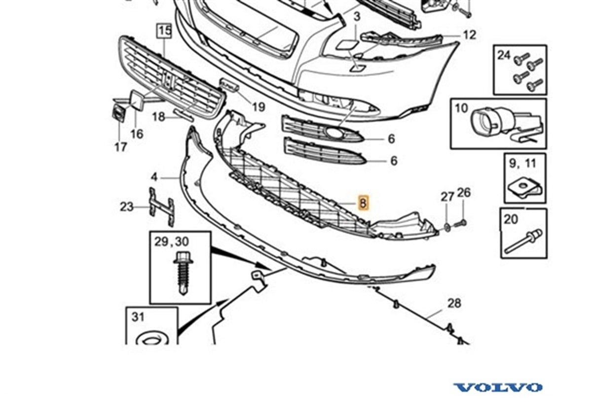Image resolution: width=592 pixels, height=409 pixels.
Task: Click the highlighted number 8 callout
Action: coord(364,203)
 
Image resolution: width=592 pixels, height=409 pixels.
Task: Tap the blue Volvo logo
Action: coord(498,387)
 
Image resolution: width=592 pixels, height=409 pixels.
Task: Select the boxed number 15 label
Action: coord(165,31)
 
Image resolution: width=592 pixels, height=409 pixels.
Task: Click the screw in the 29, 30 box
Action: coord(183,273)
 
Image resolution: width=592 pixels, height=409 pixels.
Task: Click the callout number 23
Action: coord(127,207)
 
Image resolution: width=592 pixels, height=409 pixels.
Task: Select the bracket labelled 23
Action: coord(162,207)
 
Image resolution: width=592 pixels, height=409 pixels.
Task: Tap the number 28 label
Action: coord(454,303)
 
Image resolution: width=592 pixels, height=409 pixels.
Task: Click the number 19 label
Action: coord(259,107)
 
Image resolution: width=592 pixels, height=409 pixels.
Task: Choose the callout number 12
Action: coord(470,35)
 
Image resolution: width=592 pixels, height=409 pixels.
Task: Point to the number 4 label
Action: coord(154,177)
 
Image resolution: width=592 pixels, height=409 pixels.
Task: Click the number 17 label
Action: coord(121,147)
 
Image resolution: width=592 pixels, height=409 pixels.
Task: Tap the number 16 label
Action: coord(137,134)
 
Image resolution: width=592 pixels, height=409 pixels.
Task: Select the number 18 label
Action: coord(159,116)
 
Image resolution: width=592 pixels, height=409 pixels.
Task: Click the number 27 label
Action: coord(447,197)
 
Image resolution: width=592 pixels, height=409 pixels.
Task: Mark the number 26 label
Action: coord(464,193)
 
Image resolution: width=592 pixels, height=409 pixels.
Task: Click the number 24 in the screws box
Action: coord(504,55)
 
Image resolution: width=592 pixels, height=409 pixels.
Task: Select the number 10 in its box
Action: coord(461,108)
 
